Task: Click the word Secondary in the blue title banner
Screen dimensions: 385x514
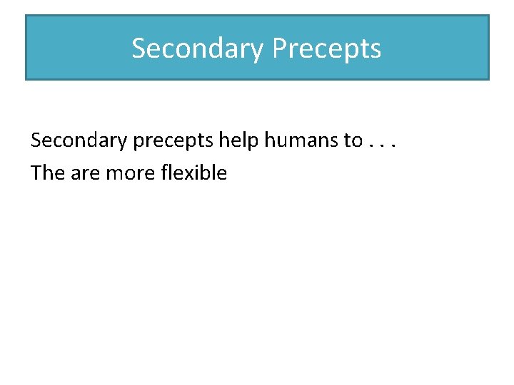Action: [198, 48]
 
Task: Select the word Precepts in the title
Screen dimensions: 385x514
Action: [327, 48]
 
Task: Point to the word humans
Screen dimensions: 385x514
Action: [301, 140]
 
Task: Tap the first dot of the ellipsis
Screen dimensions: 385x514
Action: [372, 147]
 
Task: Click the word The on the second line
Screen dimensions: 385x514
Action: [48, 173]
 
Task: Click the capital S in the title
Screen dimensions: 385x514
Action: [138, 48]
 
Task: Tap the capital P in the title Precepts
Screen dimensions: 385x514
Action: [280, 48]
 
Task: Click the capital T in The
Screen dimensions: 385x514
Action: [36, 173]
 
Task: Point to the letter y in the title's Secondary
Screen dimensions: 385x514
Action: [258, 51]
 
